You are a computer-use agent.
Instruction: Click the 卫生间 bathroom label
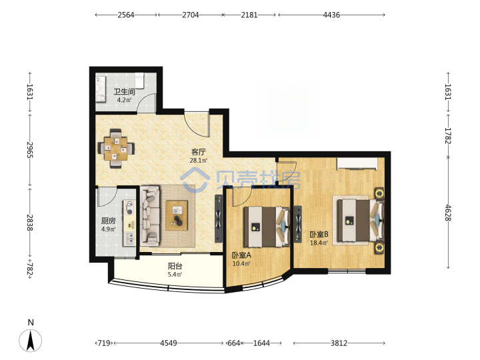[124, 91]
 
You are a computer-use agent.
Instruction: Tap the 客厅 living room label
[199, 152]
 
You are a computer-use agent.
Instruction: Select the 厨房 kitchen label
[109, 221]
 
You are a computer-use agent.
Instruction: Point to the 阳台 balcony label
[175, 266]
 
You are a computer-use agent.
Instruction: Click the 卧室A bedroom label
[241, 255]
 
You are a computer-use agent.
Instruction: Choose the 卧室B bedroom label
[319, 235]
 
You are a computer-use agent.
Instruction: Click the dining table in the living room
[116, 149]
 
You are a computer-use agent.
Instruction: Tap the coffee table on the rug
[177, 215]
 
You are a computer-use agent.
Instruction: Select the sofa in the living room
[150, 216]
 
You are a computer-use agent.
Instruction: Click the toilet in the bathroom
[139, 81]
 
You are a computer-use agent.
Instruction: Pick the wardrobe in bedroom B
[357, 163]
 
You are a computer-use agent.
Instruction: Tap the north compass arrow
[30, 340]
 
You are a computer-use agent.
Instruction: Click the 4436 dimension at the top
[331, 15]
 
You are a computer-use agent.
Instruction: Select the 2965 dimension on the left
[30, 149]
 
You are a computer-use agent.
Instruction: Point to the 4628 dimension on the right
[448, 212]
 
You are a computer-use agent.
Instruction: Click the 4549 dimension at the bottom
[169, 343]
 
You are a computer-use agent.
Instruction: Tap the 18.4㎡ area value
[319, 243]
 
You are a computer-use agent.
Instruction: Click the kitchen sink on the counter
[130, 239]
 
